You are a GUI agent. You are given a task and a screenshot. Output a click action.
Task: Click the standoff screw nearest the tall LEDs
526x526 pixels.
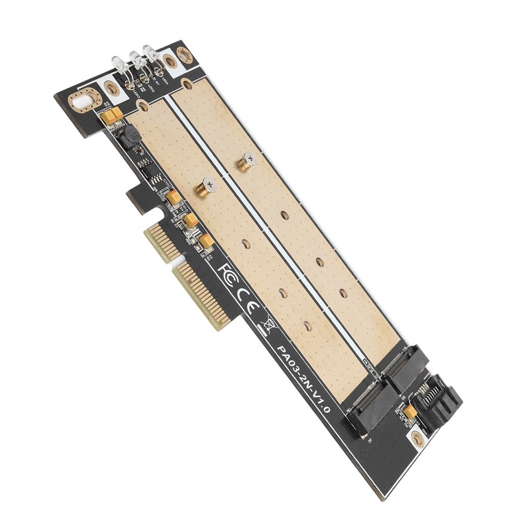pyautogui.click(x=247, y=160)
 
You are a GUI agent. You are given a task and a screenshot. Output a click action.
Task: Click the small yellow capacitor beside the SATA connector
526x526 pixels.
pyautogui.click(x=410, y=412)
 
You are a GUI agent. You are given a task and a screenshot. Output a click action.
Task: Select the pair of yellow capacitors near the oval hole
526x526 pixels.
pyautogui.click(x=112, y=116)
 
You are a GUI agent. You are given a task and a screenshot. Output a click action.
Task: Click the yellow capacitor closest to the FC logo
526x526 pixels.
pyautogui.click(x=206, y=242)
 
